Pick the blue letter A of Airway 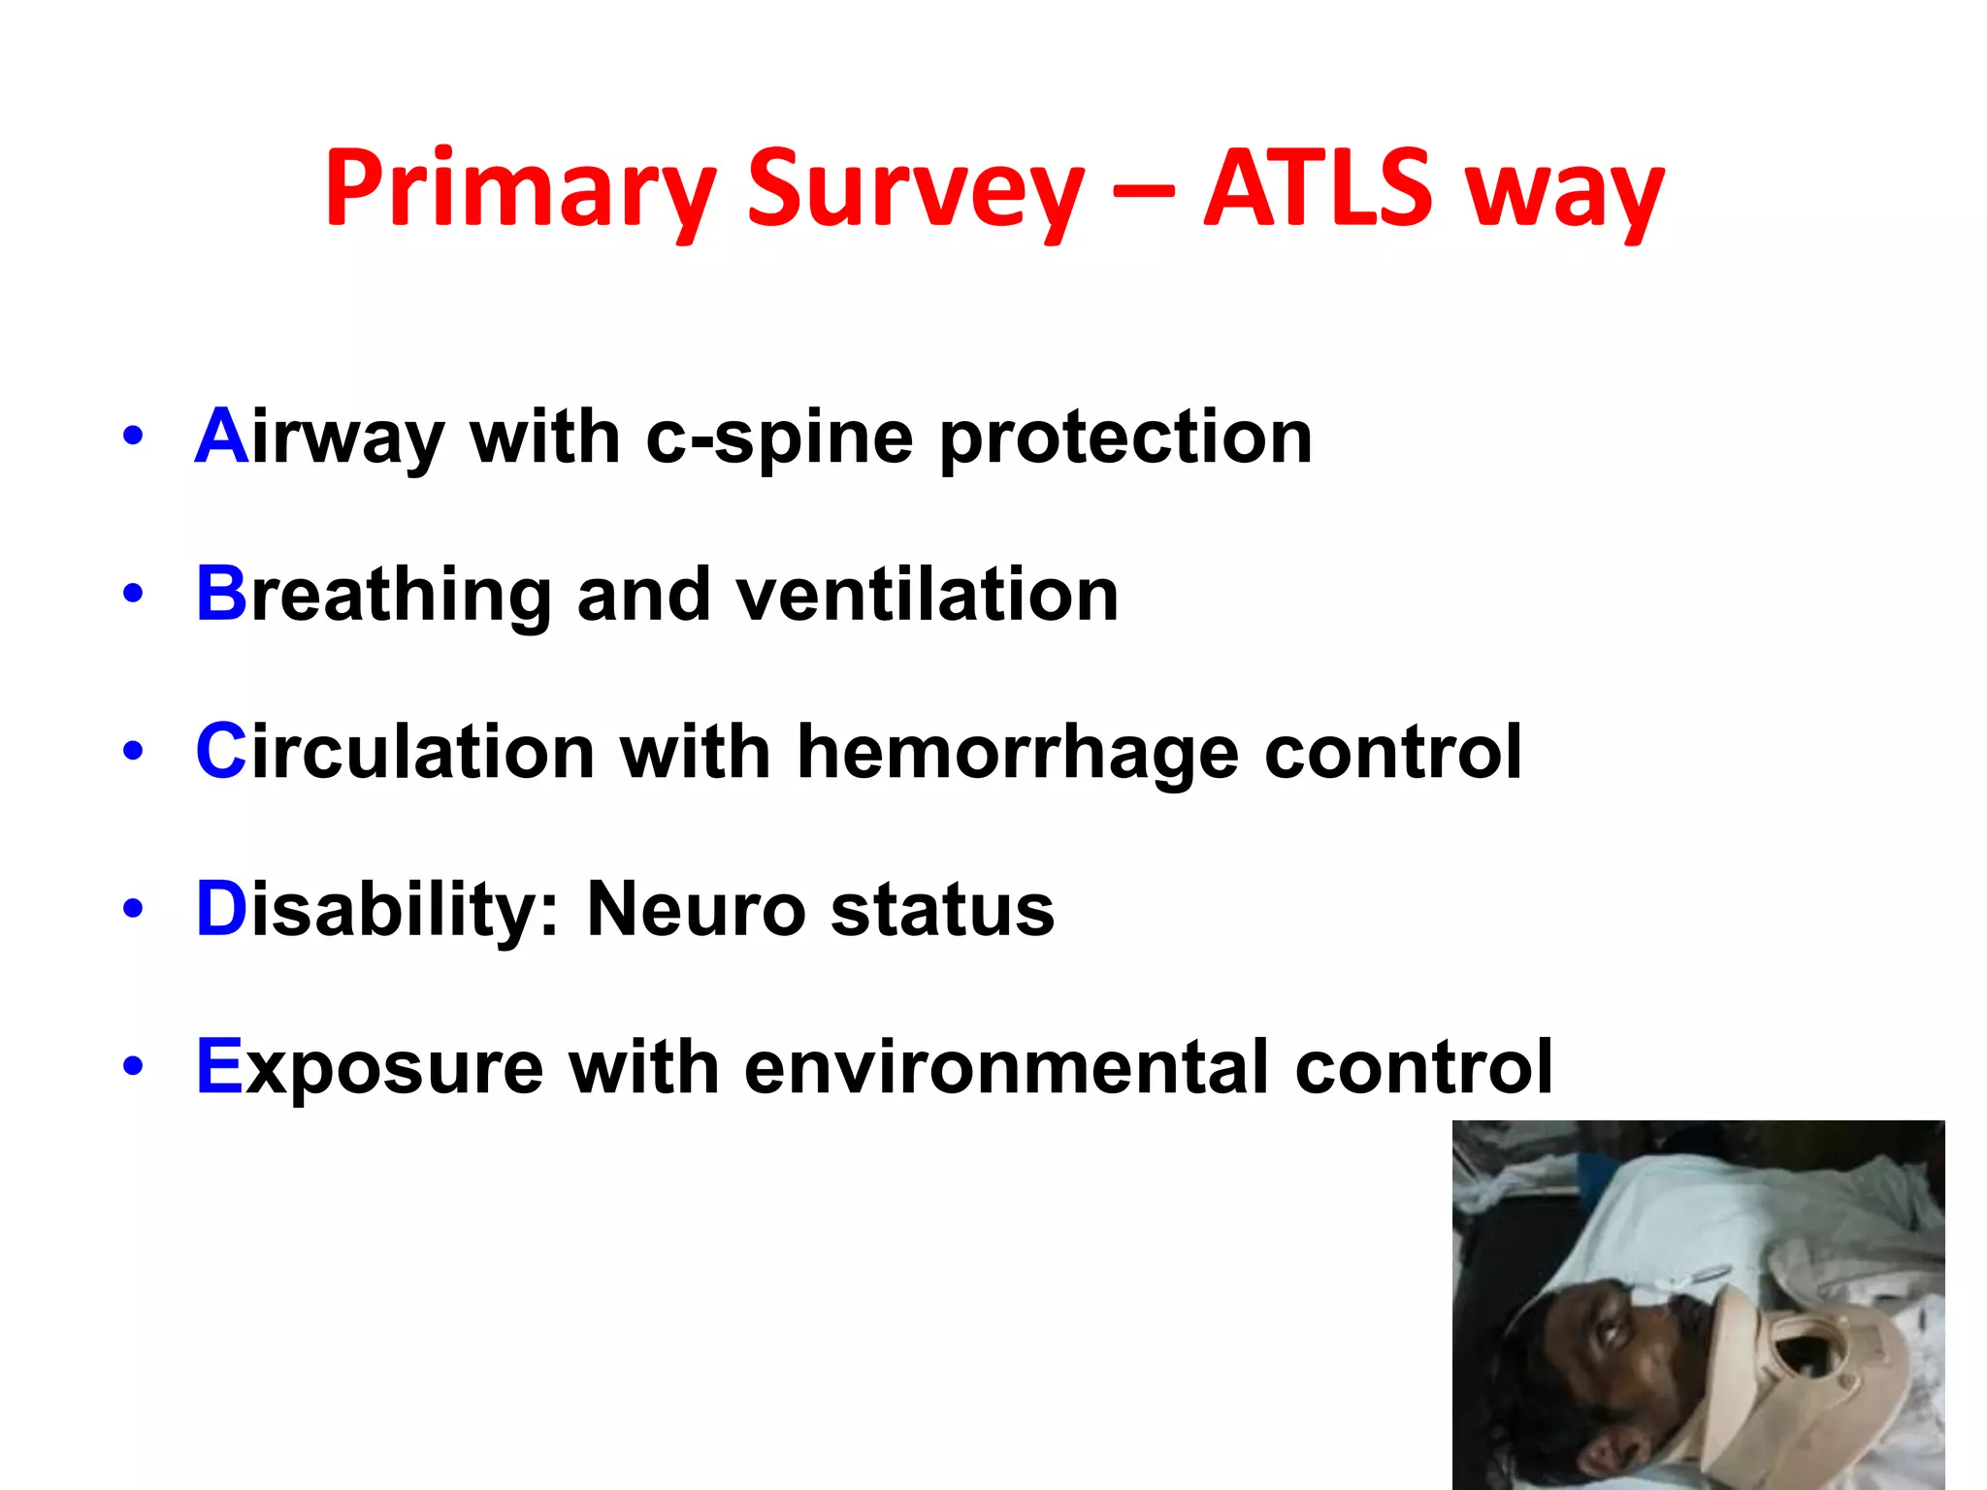click(221, 437)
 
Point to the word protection click(1125, 438)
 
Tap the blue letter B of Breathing click(221, 594)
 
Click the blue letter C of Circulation click(221, 752)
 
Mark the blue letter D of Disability click(221, 909)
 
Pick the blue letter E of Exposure click(218, 1066)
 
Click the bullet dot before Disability click(133, 909)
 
